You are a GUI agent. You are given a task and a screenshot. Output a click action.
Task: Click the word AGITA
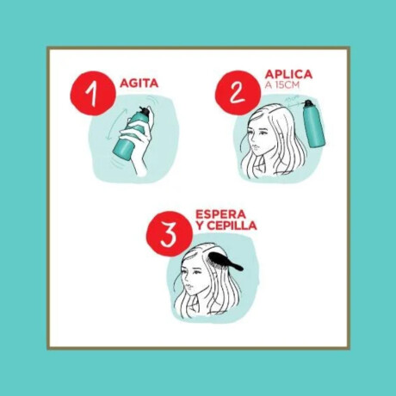click(139, 84)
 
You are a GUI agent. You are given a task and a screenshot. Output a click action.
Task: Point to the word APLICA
click(289, 75)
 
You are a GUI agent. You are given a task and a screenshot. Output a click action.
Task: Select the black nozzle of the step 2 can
click(308, 105)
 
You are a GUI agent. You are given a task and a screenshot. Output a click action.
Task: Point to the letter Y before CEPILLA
click(201, 226)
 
